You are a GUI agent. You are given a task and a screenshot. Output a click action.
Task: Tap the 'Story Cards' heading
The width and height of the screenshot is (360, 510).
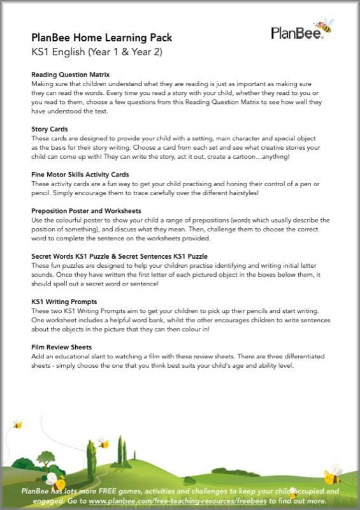click(x=50, y=129)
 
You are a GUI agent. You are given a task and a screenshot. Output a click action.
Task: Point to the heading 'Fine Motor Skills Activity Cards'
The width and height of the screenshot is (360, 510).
click(x=80, y=174)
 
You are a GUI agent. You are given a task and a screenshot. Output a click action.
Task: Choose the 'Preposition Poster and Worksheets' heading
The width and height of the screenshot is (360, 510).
click(x=86, y=210)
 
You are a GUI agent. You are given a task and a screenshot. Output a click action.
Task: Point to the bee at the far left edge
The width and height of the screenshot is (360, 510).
click(x=17, y=425)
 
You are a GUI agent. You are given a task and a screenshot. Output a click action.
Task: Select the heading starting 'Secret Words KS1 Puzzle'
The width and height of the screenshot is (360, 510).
click(x=112, y=256)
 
